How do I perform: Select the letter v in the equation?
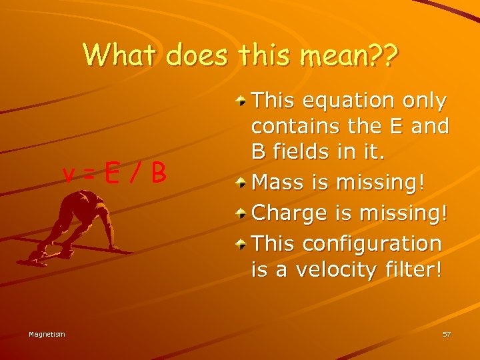[x=67, y=174]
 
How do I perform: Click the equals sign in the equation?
[x=88, y=173]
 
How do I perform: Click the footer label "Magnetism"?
[x=47, y=334]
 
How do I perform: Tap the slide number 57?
[x=446, y=334]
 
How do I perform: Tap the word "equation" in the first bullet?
[x=347, y=101]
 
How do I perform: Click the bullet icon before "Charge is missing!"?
[x=241, y=212]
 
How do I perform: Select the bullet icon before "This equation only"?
[x=241, y=100]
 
